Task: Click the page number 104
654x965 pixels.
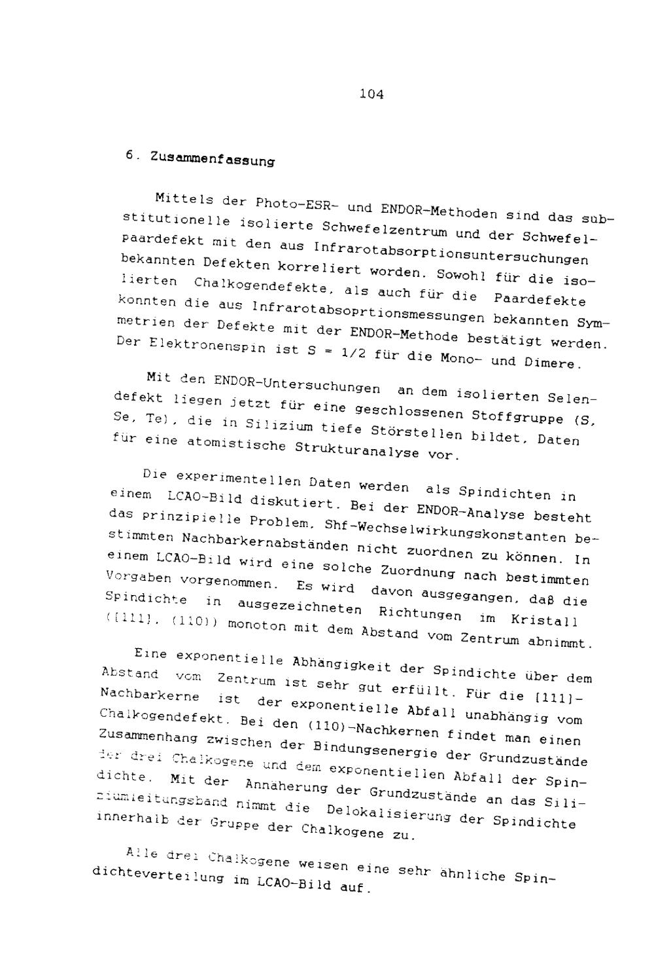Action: (x=371, y=94)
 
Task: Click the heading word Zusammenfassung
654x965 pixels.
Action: (x=212, y=159)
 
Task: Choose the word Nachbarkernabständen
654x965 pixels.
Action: (x=252, y=541)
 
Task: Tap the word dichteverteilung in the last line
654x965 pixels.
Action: (x=157, y=876)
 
